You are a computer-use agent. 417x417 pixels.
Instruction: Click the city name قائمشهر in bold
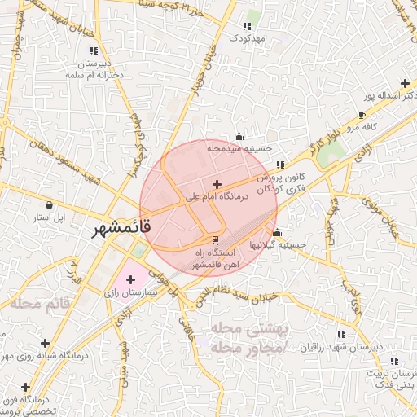[116, 230]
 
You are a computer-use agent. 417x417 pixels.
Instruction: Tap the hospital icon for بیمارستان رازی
[130, 279]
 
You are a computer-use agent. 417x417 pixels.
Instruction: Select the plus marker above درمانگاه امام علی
[216, 185]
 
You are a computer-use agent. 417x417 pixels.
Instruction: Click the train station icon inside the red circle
[215, 239]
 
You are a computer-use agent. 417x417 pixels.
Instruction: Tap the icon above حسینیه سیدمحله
[239, 136]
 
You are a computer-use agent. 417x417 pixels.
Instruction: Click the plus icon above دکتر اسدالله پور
[405, 83]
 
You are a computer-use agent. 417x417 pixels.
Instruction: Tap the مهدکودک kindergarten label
[248, 38]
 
